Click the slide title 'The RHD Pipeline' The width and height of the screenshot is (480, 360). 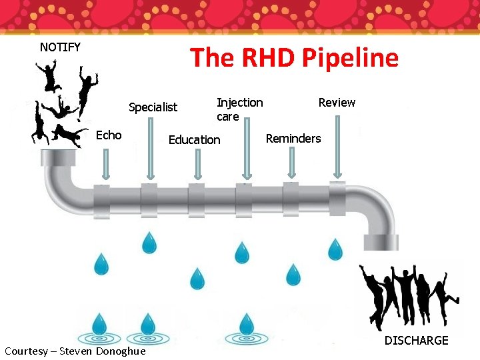point(294,58)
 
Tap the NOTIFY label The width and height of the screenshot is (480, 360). point(60,47)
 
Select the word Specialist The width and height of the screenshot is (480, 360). point(153,107)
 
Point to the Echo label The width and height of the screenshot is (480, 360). point(109,135)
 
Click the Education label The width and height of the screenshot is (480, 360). point(194,139)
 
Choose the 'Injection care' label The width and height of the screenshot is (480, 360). point(239,109)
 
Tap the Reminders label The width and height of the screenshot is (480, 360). point(293,139)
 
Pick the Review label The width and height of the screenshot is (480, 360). point(337,102)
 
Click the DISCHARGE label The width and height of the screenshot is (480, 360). point(416,341)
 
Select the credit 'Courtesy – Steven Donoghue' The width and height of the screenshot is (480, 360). point(75,351)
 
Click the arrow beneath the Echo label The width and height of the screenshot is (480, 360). point(105,163)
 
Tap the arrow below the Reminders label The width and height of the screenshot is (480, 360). point(291,163)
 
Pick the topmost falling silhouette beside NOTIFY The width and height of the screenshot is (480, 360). point(51,76)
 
